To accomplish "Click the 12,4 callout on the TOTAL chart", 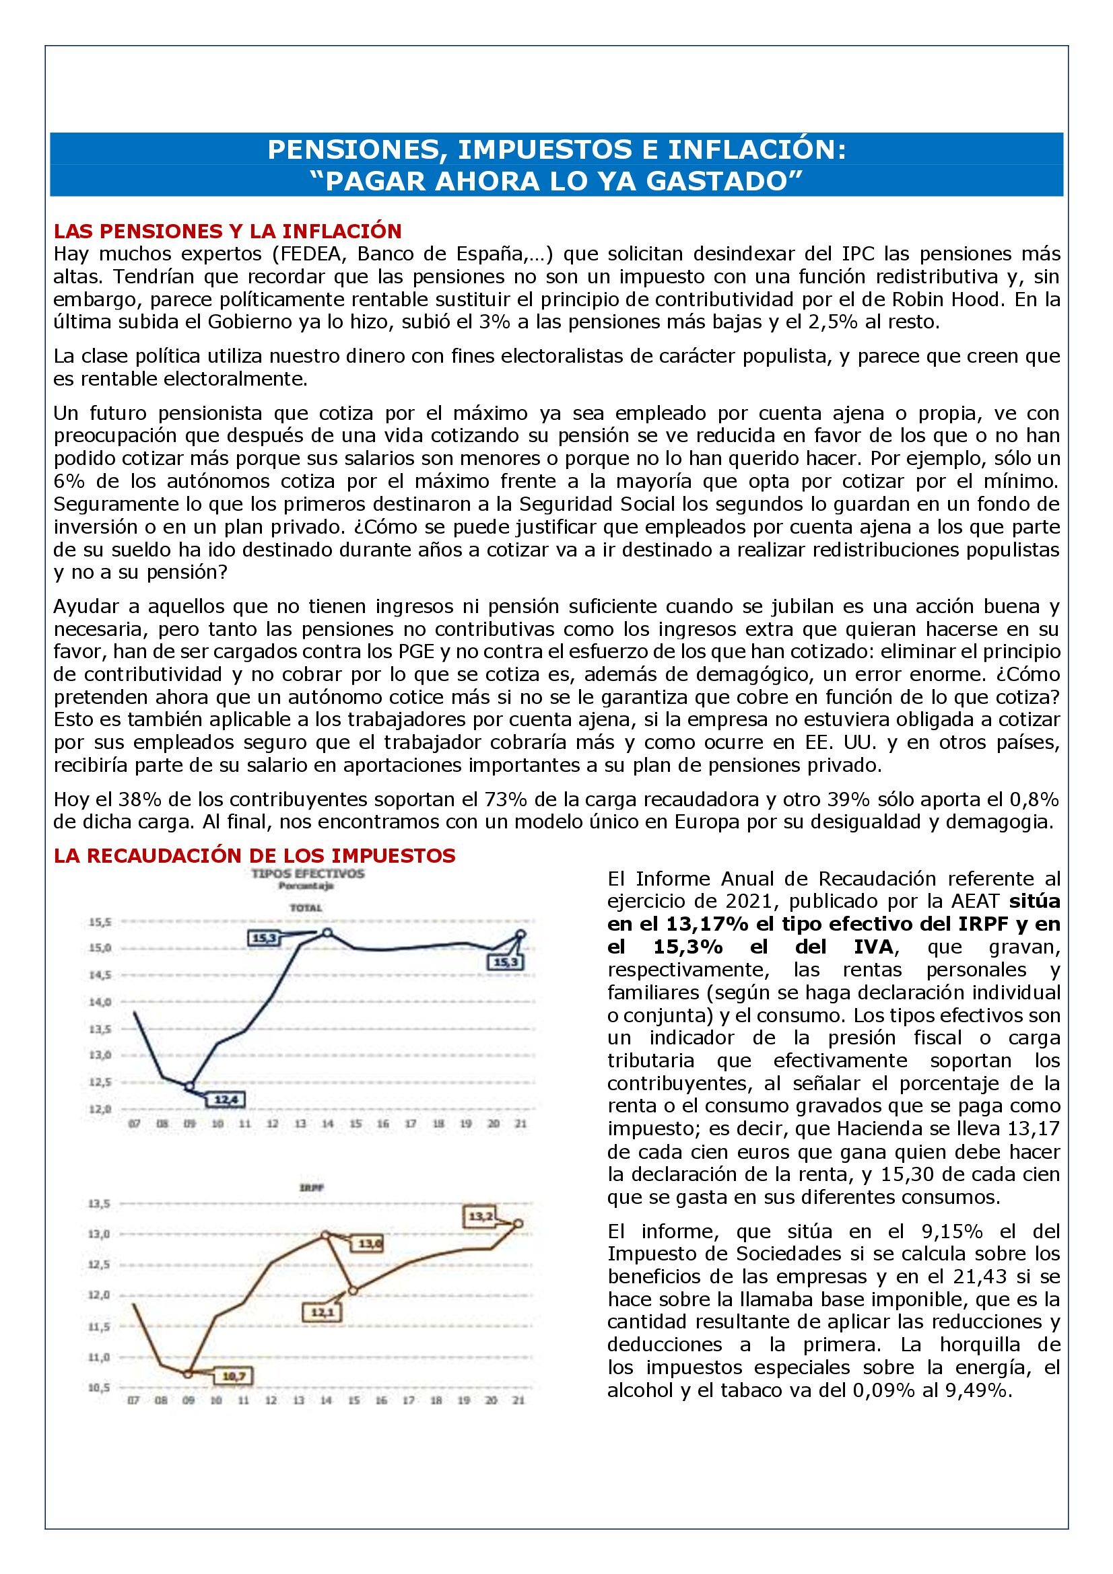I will pyautogui.click(x=226, y=1100).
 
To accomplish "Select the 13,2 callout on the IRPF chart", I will pyautogui.click(x=481, y=1217).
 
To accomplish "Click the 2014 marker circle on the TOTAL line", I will pyautogui.click(x=327, y=933).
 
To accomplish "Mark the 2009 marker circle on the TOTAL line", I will pyautogui.click(x=190, y=1087).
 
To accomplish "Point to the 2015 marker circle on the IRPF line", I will pyautogui.click(x=353, y=1290).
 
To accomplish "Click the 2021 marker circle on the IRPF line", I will pyautogui.click(x=518, y=1223).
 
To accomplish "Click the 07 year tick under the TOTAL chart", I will pyautogui.click(x=135, y=1124).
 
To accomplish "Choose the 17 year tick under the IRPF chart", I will pyautogui.click(x=409, y=1400).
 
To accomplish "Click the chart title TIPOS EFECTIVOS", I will pyautogui.click(x=308, y=874).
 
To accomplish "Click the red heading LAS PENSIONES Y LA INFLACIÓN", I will pyautogui.click(x=228, y=231).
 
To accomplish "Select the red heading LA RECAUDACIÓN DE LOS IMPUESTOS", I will pyautogui.click(x=255, y=855).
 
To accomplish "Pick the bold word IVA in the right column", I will pyautogui.click(x=871, y=947).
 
